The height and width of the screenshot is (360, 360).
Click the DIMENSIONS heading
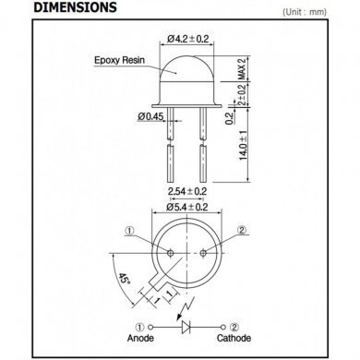tap(75, 7)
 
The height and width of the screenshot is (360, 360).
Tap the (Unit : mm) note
tap(305, 12)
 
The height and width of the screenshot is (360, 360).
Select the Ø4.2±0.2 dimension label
tap(187, 39)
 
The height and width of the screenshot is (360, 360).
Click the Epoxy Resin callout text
tap(119, 60)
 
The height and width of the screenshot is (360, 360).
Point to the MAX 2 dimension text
tap(243, 68)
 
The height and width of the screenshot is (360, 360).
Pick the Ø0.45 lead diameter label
tap(150, 116)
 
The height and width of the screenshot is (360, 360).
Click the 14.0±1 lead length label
tap(244, 145)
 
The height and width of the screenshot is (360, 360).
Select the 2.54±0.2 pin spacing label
tap(187, 191)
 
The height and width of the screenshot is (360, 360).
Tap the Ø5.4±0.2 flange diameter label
tap(187, 207)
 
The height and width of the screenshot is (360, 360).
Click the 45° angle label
tap(124, 279)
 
